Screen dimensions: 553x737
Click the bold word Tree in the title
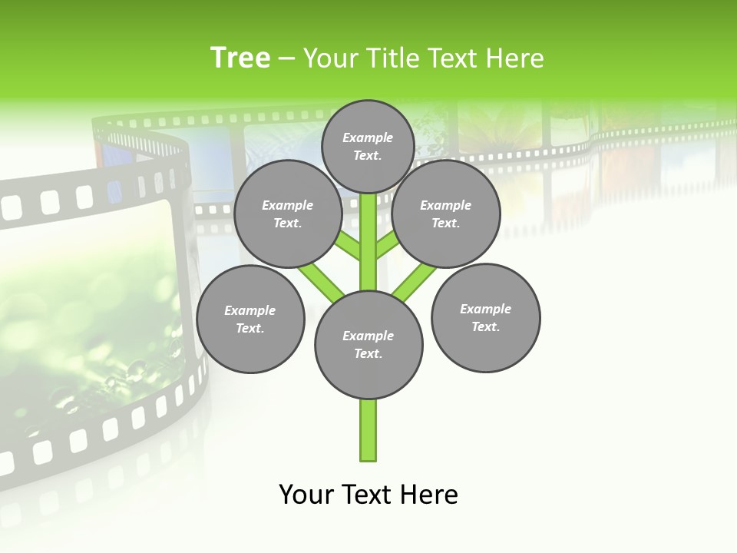click(x=240, y=58)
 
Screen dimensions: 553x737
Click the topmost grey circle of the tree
click(x=368, y=146)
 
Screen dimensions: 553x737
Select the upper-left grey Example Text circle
click(x=287, y=214)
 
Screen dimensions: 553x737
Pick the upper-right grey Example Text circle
click(x=446, y=214)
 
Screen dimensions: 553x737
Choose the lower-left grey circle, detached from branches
click(x=250, y=319)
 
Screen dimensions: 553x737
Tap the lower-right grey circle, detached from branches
click(x=485, y=317)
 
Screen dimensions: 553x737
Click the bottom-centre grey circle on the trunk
click(x=368, y=344)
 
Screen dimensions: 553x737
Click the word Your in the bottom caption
click(x=308, y=495)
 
